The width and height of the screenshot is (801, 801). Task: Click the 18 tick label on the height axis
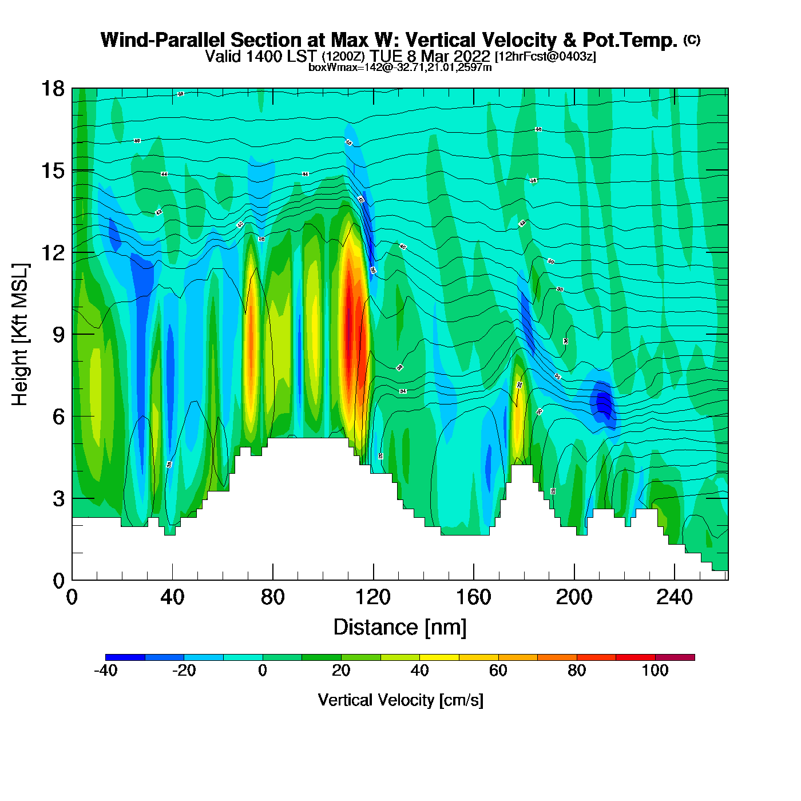click(x=52, y=89)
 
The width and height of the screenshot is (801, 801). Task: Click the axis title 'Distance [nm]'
click(x=400, y=628)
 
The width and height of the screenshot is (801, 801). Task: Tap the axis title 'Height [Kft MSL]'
click(x=20, y=335)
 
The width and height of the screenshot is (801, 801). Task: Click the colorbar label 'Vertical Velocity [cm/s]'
click(x=400, y=700)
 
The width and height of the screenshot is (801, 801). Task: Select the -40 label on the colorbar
click(x=106, y=671)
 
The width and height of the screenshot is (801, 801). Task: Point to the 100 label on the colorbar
click(x=655, y=671)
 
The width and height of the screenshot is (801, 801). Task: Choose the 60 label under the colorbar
click(x=498, y=671)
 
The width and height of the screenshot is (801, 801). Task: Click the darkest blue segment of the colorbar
click(x=125, y=657)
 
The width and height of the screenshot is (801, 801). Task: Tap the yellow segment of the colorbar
click(x=439, y=657)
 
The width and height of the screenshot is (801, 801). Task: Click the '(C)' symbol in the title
click(x=692, y=39)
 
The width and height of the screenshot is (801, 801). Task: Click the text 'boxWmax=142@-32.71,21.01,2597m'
click(x=400, y=67)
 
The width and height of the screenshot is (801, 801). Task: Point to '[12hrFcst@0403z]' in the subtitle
click(x=545, y=57)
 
